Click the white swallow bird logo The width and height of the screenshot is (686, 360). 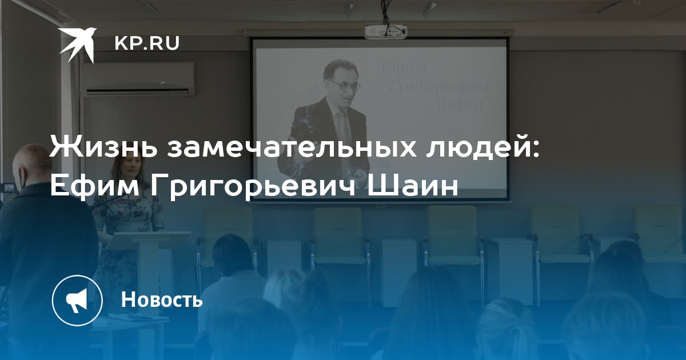78,45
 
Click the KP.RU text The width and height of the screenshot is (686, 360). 147,43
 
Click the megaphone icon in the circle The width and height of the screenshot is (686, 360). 77,301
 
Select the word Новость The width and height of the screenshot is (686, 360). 162,299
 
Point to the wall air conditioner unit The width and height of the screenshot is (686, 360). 137,79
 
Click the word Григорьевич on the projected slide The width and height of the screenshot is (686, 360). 438,86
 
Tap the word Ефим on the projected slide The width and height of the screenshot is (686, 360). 404,68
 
